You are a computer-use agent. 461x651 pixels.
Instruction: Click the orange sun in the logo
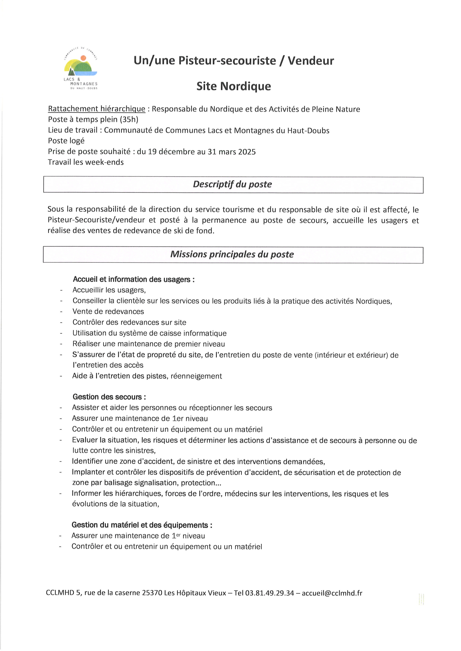point(83,58)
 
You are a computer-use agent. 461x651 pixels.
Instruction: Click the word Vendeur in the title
point(311,61)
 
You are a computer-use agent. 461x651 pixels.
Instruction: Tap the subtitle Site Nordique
point(234,86)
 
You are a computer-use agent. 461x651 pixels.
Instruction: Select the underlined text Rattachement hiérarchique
point(97,109)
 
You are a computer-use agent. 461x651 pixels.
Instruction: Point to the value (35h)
point(129,119)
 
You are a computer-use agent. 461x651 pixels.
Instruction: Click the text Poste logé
point(66,141)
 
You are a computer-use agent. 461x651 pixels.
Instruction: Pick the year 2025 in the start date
point(247,152)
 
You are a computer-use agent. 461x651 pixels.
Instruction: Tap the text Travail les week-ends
point(86,162)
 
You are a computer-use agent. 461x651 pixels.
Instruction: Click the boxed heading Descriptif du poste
point(232,184)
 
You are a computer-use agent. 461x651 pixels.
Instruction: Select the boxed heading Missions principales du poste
point(232,254)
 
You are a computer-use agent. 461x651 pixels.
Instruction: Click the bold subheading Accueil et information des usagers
point(133,279)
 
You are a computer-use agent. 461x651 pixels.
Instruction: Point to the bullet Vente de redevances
point(108,311)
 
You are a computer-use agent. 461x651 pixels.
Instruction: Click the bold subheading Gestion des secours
point(109,397)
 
